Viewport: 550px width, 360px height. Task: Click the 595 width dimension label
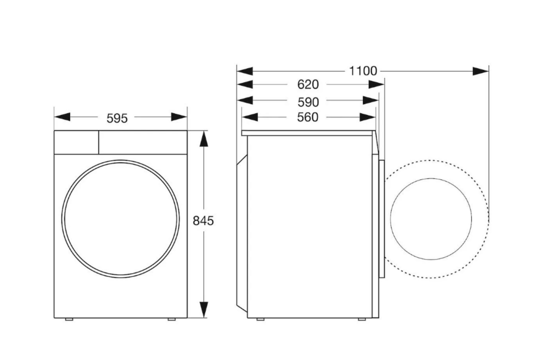click(x=117, y=118)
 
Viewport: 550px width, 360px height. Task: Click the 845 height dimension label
click(x=203, y=220)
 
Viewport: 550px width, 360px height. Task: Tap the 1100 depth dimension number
click(x=363, y=71)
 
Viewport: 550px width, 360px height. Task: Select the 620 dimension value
click(x=308, y=85)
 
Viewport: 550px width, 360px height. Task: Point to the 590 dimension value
click(x=308, y=102)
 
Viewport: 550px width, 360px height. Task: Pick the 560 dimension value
click(x=308, y=117)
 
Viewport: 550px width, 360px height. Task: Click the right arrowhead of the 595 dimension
click(x=178, y=117)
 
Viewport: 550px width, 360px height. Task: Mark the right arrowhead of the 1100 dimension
click(x=480, y=71)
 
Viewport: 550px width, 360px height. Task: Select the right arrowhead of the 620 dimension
click(x=376, y=85)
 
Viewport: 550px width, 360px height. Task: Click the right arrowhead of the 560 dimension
click(x=367, y=117)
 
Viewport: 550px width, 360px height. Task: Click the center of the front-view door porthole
click(x=121, y=218)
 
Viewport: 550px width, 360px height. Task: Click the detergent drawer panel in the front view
click(x=76, y=142)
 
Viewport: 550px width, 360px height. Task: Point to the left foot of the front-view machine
click(x=70, y=319)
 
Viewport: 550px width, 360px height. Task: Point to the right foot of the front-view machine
click(x=171, y=319)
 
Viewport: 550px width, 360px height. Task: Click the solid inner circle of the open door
click(x=431, y=218)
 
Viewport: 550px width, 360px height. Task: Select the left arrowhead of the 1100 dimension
click(x=245, y=71)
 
